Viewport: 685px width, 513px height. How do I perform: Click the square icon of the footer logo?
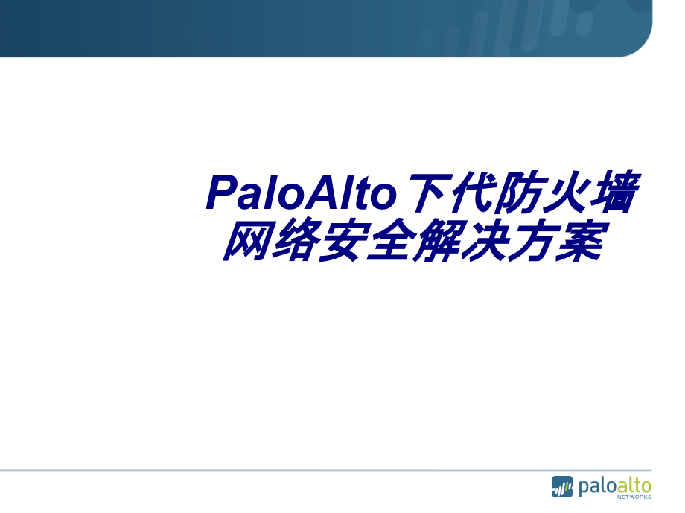click(562, 487)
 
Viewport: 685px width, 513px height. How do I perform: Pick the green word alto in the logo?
click(633, 485)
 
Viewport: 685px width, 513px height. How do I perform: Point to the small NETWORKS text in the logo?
click(634, 497)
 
